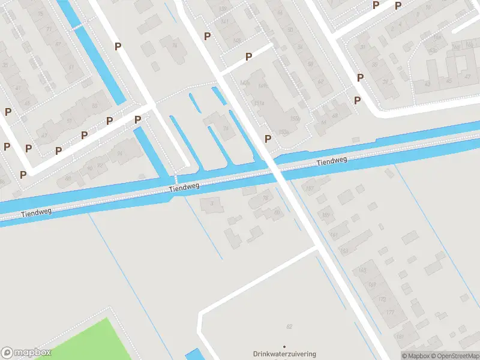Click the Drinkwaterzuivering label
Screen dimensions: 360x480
(x=284, y=354)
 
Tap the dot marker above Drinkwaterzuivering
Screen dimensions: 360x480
(x=284, y=346)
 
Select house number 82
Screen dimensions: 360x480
(x=289, y=326)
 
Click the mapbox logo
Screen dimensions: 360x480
(x=26, y=352)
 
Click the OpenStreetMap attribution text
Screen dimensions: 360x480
(x=455, y=356)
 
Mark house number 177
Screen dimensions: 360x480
(x=390, y=312)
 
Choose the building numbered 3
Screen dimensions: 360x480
(x=211, y=204)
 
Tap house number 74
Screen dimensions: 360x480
(x=119, y=154)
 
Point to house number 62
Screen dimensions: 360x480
(x=321, y=82)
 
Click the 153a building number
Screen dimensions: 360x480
(x=260, y=103)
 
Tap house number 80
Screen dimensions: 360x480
(x=277, y=212)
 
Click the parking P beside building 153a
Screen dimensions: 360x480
(x=268, y=139)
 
